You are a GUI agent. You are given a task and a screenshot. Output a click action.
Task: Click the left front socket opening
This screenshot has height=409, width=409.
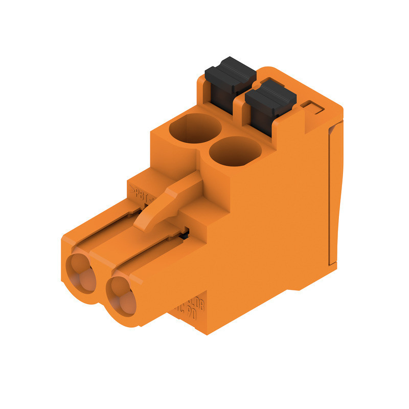[82, 274]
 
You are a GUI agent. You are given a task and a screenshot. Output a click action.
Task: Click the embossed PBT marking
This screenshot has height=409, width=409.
[142, 193]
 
